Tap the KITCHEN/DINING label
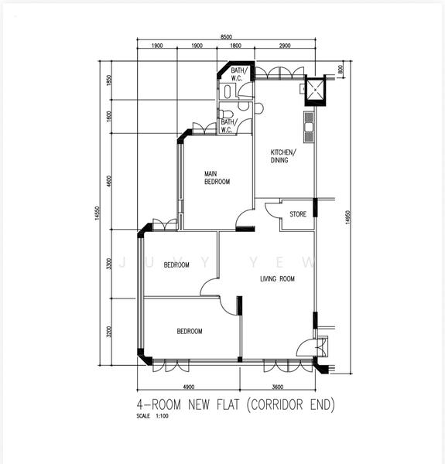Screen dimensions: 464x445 pos(282,156)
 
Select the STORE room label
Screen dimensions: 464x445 pos(298,214)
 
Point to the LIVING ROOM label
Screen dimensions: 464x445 pos(277,279)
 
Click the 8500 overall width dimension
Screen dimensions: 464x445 pos(225,37)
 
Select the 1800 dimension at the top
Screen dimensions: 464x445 pos(235,46)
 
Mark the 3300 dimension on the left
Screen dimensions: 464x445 pos(110,263)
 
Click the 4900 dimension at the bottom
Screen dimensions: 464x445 pos(188,387)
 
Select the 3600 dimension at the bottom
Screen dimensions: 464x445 pos(278,387)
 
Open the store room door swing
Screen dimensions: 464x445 pos(272,210)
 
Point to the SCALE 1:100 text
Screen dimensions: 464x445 pos(150,417)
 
